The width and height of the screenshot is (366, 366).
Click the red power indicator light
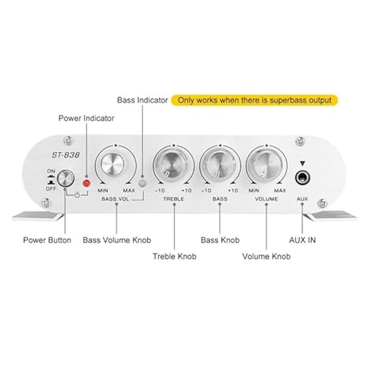point(86,183)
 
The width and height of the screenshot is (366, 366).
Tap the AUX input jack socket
point(302,178)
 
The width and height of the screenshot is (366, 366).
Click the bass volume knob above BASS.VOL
point(113,164)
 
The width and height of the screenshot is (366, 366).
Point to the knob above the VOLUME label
point(266,166)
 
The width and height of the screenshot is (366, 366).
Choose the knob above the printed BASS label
point(220,166)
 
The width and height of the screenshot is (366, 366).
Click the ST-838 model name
point(65,155)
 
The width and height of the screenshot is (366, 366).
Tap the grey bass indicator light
point(142,183)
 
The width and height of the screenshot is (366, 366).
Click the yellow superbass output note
point(254,100)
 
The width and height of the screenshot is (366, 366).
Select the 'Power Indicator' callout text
point(86,118)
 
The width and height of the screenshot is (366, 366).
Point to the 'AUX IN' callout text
point(302,240)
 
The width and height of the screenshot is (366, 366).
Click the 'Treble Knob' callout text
point(174,256)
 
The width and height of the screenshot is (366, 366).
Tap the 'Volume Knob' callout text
point(266,256)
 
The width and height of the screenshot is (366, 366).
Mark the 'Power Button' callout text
point(47,240)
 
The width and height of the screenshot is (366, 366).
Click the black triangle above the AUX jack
point(302,163)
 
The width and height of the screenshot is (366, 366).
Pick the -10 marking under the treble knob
point(160,191)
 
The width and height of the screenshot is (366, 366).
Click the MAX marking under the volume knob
point(280,191)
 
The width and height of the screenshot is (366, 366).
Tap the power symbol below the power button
point(77,195)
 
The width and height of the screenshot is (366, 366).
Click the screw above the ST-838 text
point(68,140)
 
